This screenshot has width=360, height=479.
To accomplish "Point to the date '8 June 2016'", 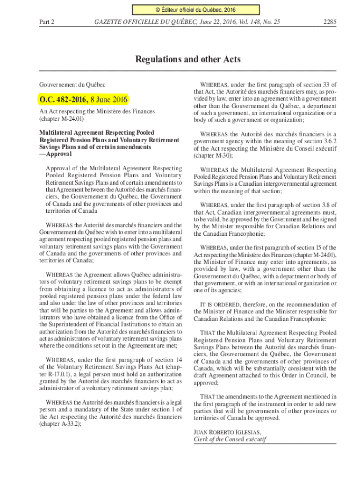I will click(109, 99).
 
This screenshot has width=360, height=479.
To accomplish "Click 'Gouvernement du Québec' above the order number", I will click(72, 85).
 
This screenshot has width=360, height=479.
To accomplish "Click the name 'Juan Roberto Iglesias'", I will click(227, 432).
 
